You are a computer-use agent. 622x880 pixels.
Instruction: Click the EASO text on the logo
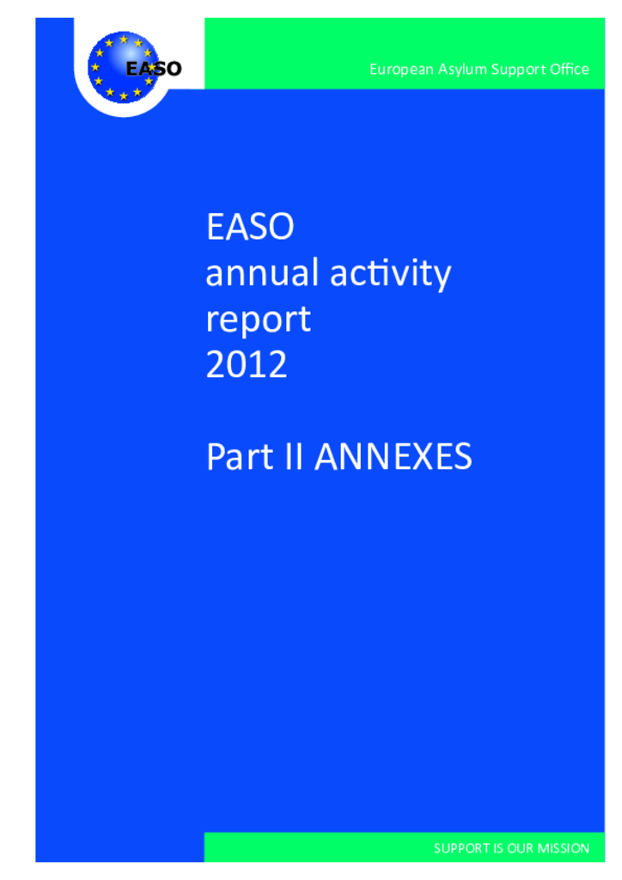154,69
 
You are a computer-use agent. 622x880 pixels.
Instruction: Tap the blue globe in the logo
124,67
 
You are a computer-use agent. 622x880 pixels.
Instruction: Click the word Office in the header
570,69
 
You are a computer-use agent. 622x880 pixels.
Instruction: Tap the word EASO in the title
250,227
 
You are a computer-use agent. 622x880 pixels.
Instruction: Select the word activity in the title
390,274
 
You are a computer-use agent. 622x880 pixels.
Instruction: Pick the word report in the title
259,320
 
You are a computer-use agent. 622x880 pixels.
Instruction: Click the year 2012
247,364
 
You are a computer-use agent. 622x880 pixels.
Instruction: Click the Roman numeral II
294,456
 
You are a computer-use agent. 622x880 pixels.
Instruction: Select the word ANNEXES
393,456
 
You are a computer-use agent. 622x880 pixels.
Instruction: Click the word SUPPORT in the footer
462,848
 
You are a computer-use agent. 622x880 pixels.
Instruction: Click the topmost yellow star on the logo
124,40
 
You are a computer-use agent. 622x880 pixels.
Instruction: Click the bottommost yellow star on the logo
124,96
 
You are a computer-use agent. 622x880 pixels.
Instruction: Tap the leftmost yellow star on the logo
95,67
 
